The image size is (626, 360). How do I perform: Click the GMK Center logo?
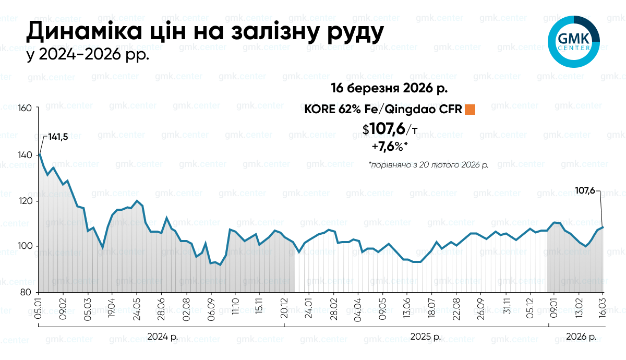pyautogui.click(x=573, y=42)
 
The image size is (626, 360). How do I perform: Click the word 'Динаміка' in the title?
pyautogui.click(x=84, y=31)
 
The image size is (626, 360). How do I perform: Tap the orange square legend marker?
pyautogui.click(x=470, y=109)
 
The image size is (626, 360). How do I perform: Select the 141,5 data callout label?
pyautogui.click(x=58, y=137)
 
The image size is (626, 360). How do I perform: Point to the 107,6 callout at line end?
pyautogui.click(x=585, y=190)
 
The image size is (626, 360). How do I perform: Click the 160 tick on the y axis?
pyautogui.click(x=25, y=108)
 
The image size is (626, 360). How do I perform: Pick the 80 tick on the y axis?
pyautogui.click(x=26, y=292)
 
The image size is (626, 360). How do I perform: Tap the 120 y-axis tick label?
pyautogui.click(x=25, y=201)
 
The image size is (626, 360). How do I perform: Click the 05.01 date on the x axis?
pyautogui.click(x=38, y=308)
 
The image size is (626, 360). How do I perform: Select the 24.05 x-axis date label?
pyautogui.click(x=137, y=309)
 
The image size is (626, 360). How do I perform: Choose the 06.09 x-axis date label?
pyautogui.click(x=211, y=309)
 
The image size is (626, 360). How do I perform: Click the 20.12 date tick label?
pyautogui.click(x=284, y=308)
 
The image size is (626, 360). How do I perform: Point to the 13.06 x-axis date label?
pyautogui.click(x=407, y=309)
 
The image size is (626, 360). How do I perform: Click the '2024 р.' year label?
pyautogui.click(x=162, y=337)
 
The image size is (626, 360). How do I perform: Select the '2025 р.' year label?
pyautogui.click(x=426, y=337)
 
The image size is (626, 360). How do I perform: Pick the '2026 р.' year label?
pyautogui.click(x=581, y=337)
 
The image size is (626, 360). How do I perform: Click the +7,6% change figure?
pyautogui.click(x=390, y=146)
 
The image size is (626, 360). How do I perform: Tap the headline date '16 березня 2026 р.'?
pyautogui.click(x=389, y=88)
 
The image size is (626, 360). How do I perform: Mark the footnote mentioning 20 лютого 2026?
pyautogui.click(x=428, y=165)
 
